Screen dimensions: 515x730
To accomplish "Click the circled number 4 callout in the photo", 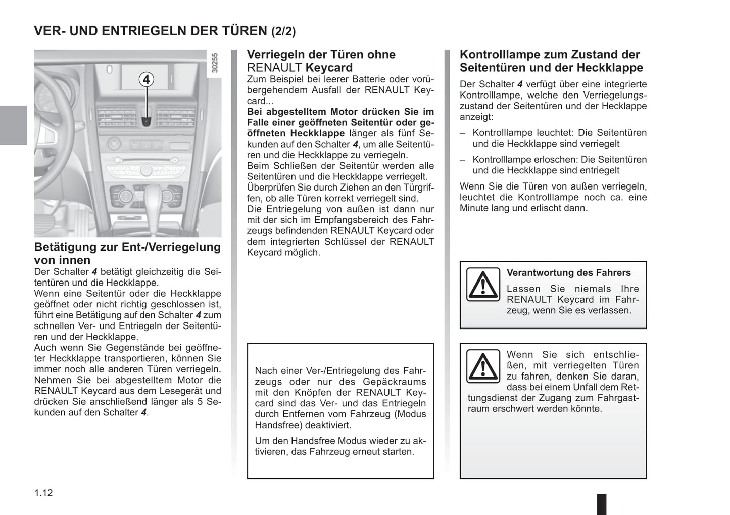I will [146, 79].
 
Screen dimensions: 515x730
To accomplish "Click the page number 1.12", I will [43, 493].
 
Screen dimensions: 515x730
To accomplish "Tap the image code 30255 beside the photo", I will [215, 63].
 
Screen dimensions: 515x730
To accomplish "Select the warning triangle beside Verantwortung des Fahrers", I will [482, 285].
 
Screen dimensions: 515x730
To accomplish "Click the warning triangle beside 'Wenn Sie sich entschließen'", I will [482, 366].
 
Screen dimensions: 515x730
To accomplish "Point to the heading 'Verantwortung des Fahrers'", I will [568, 273].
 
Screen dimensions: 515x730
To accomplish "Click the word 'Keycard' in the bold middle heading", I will [329, 68].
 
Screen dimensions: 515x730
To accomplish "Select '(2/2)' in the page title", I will [283, 31].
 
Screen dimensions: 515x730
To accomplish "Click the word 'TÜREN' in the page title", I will [245, 31].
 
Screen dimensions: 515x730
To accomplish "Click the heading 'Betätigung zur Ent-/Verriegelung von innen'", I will [127, 253].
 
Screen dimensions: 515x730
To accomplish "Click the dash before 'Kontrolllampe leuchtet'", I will [462, 133].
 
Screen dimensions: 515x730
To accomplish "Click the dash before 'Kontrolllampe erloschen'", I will [462, 160].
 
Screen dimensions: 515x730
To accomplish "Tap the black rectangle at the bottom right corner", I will [602, 504].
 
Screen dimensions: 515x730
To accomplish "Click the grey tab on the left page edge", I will [13, 125].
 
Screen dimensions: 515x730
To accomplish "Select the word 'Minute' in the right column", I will [475, 208].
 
